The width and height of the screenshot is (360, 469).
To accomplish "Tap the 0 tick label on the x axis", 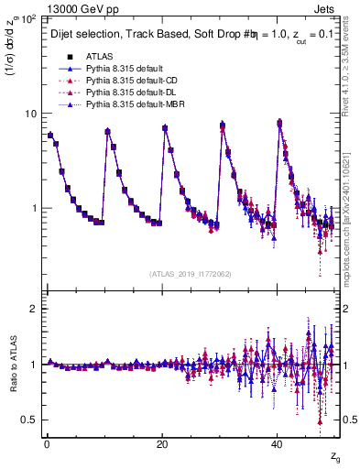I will point(47,444).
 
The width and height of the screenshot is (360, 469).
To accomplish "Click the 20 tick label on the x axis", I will point(162,444).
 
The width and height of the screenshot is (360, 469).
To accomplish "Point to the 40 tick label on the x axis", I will point(278,444).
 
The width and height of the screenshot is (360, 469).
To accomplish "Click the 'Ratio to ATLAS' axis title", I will point(12,364).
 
